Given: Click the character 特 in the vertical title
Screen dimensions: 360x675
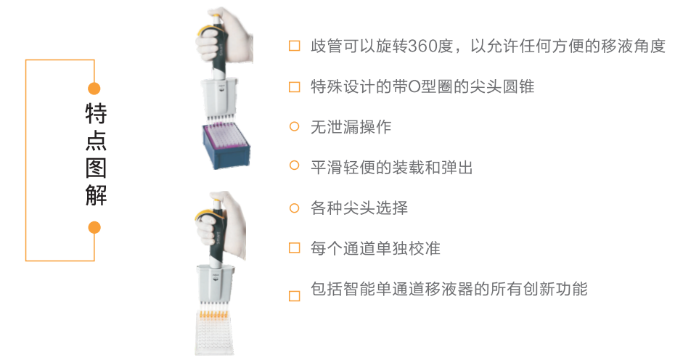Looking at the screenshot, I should (96, 113).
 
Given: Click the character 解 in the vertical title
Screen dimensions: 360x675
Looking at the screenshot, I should (96, 195).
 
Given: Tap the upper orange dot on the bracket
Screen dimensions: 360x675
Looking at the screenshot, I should (94, 89).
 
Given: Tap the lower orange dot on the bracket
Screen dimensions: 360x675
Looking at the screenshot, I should (94, 227).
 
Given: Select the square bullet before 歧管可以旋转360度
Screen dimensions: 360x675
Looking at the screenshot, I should (294, 46).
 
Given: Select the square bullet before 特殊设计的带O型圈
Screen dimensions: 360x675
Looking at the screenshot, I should (294, 87).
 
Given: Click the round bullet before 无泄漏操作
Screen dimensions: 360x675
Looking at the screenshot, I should (294, 126).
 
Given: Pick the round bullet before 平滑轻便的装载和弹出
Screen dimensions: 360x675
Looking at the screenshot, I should (294, 166).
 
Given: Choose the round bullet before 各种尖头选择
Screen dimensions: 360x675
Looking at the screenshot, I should (294, 208).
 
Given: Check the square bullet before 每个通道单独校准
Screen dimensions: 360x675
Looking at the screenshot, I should (294, 248).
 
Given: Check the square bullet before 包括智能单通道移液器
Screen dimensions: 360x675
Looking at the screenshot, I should (294, 295).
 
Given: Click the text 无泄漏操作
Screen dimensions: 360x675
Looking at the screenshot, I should (351, 127).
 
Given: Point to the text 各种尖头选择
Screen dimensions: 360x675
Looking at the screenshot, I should (359, 208).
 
